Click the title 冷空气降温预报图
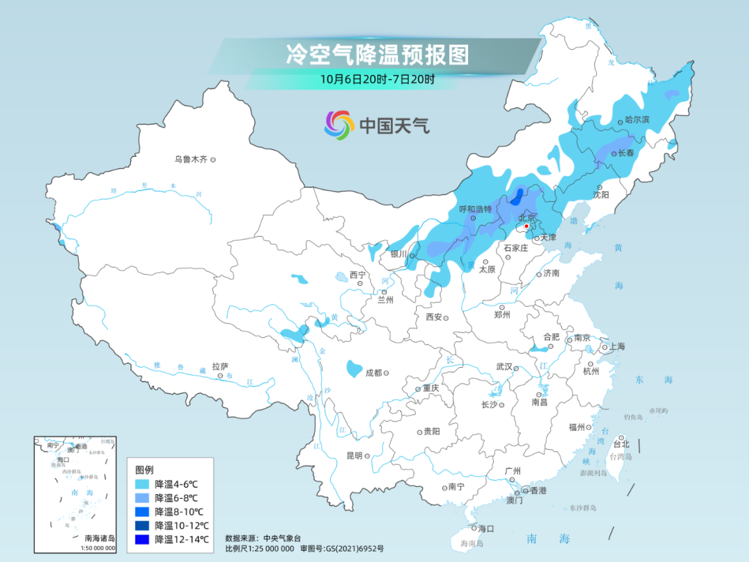click(x=377, y=54)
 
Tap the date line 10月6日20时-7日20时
click(x=377, y=79)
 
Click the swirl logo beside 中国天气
click(x=339, y=125)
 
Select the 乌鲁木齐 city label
click(x=191, y=160)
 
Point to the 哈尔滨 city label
click(x=637, y=120)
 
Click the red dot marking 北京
click(x=527, y=225)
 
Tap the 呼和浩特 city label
click(x=475, y=209)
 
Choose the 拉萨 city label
click(x=220, y=366)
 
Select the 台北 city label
click(x=621, y=444)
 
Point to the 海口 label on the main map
click(x=485, y=529)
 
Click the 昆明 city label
click(x=354, y=456)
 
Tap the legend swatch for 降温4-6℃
click(x=143, y=484)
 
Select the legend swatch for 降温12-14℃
click(x=143, y=539)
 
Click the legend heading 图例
click(x=144, y=470)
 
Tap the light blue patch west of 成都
click(x=354, y=367)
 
